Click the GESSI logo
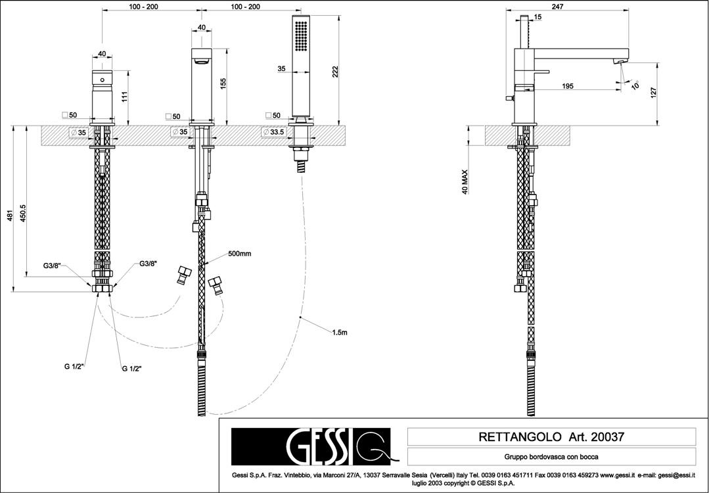310,446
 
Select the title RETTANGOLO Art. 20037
551,436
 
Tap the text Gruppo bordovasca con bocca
551,456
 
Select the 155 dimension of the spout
223,83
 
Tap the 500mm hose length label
240,254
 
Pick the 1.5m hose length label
339,333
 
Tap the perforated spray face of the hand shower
302,37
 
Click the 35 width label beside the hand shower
281,68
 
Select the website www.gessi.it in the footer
617,475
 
